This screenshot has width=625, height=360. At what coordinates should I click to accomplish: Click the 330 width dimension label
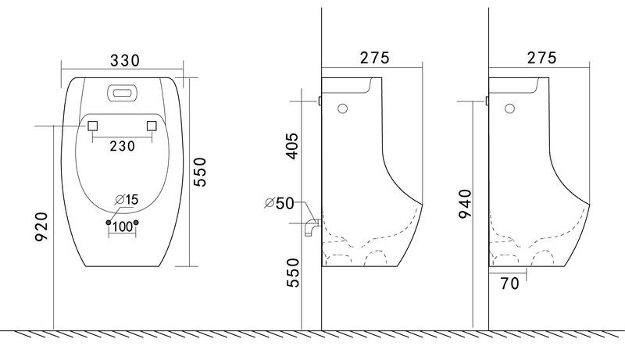point(125,61)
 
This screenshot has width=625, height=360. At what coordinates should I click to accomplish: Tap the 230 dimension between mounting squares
point(123,146)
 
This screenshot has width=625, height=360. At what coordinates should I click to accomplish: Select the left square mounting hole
point(92,126)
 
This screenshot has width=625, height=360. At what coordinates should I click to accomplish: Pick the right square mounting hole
point(152,126)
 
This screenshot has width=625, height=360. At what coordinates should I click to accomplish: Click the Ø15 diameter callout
point(127,199)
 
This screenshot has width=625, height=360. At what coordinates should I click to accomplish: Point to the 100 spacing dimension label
point(123,227)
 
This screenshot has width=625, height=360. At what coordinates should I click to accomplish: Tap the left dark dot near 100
point(109,223)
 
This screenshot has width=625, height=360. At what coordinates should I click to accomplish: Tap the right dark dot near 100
point(136,223)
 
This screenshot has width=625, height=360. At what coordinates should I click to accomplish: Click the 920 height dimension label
point(42,226)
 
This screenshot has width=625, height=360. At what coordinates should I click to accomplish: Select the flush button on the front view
point(123,93)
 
